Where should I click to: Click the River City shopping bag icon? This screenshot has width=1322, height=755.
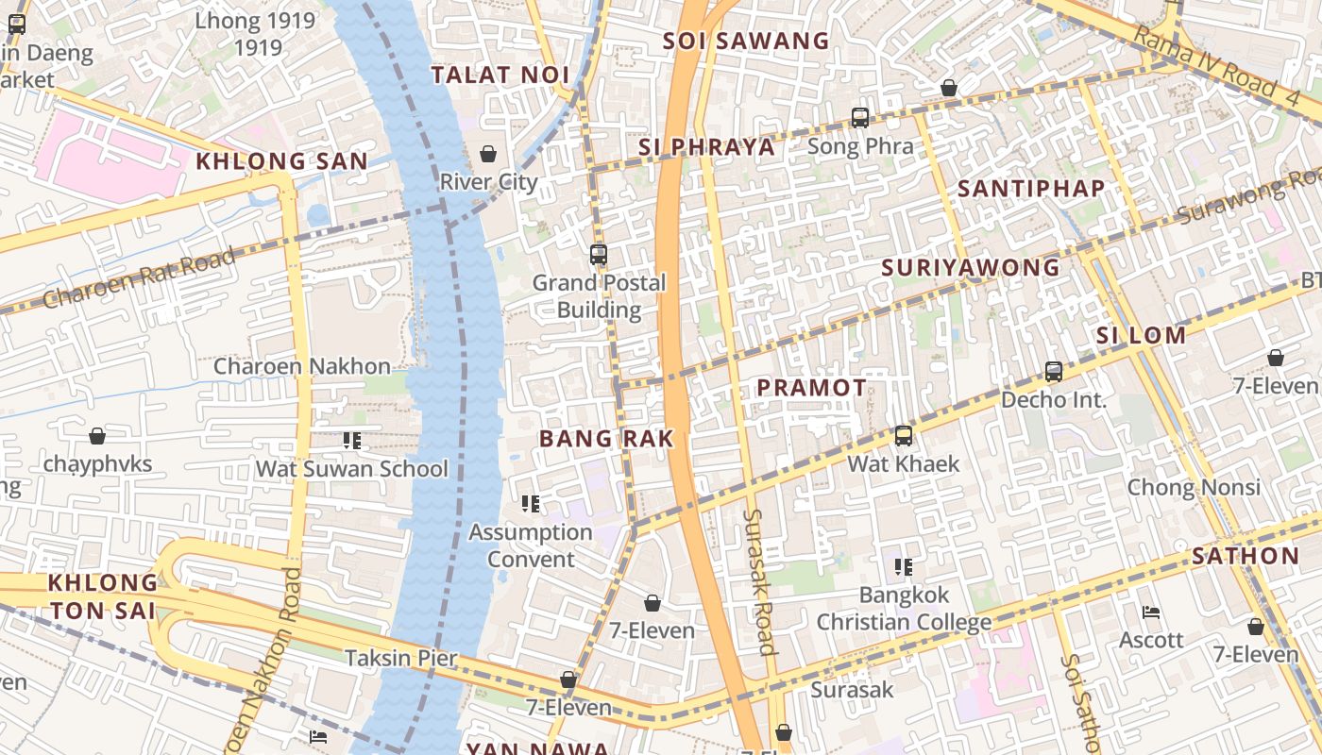(x=488, y=153)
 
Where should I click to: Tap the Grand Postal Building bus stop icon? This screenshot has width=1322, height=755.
(x=598, y=254)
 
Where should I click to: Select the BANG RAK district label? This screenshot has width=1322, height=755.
(x=606, y=438)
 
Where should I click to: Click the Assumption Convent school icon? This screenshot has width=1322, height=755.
(x=531, y=504)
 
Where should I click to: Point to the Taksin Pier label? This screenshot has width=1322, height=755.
(x=400, y=658)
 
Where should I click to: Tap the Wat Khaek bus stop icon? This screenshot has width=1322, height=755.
(x=904, y=435)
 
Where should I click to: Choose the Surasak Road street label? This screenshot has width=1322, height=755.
(x=759, y=581)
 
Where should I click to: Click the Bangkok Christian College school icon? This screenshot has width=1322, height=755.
(x=904, y=566)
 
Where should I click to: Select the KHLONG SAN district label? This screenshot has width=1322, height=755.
(x=281, y=161)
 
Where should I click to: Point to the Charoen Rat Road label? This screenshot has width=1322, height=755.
(x=140, y=278)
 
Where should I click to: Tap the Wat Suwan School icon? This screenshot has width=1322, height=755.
(x=352, y=440)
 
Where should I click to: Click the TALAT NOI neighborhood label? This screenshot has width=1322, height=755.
(x=500, y=75)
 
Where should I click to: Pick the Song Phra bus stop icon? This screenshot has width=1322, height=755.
(x=859, y=118)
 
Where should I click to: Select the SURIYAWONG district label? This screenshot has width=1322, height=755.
(x=971, y=268)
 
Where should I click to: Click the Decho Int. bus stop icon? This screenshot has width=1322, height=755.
(x=1054, y=372)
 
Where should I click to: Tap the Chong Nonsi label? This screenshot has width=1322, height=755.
(x=1194, y=487)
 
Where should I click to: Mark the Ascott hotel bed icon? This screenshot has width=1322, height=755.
(x=1150, y=612)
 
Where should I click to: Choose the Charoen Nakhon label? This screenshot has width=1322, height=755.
(x=301, y=366)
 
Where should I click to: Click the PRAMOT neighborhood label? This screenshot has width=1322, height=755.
(x=811, y=388)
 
